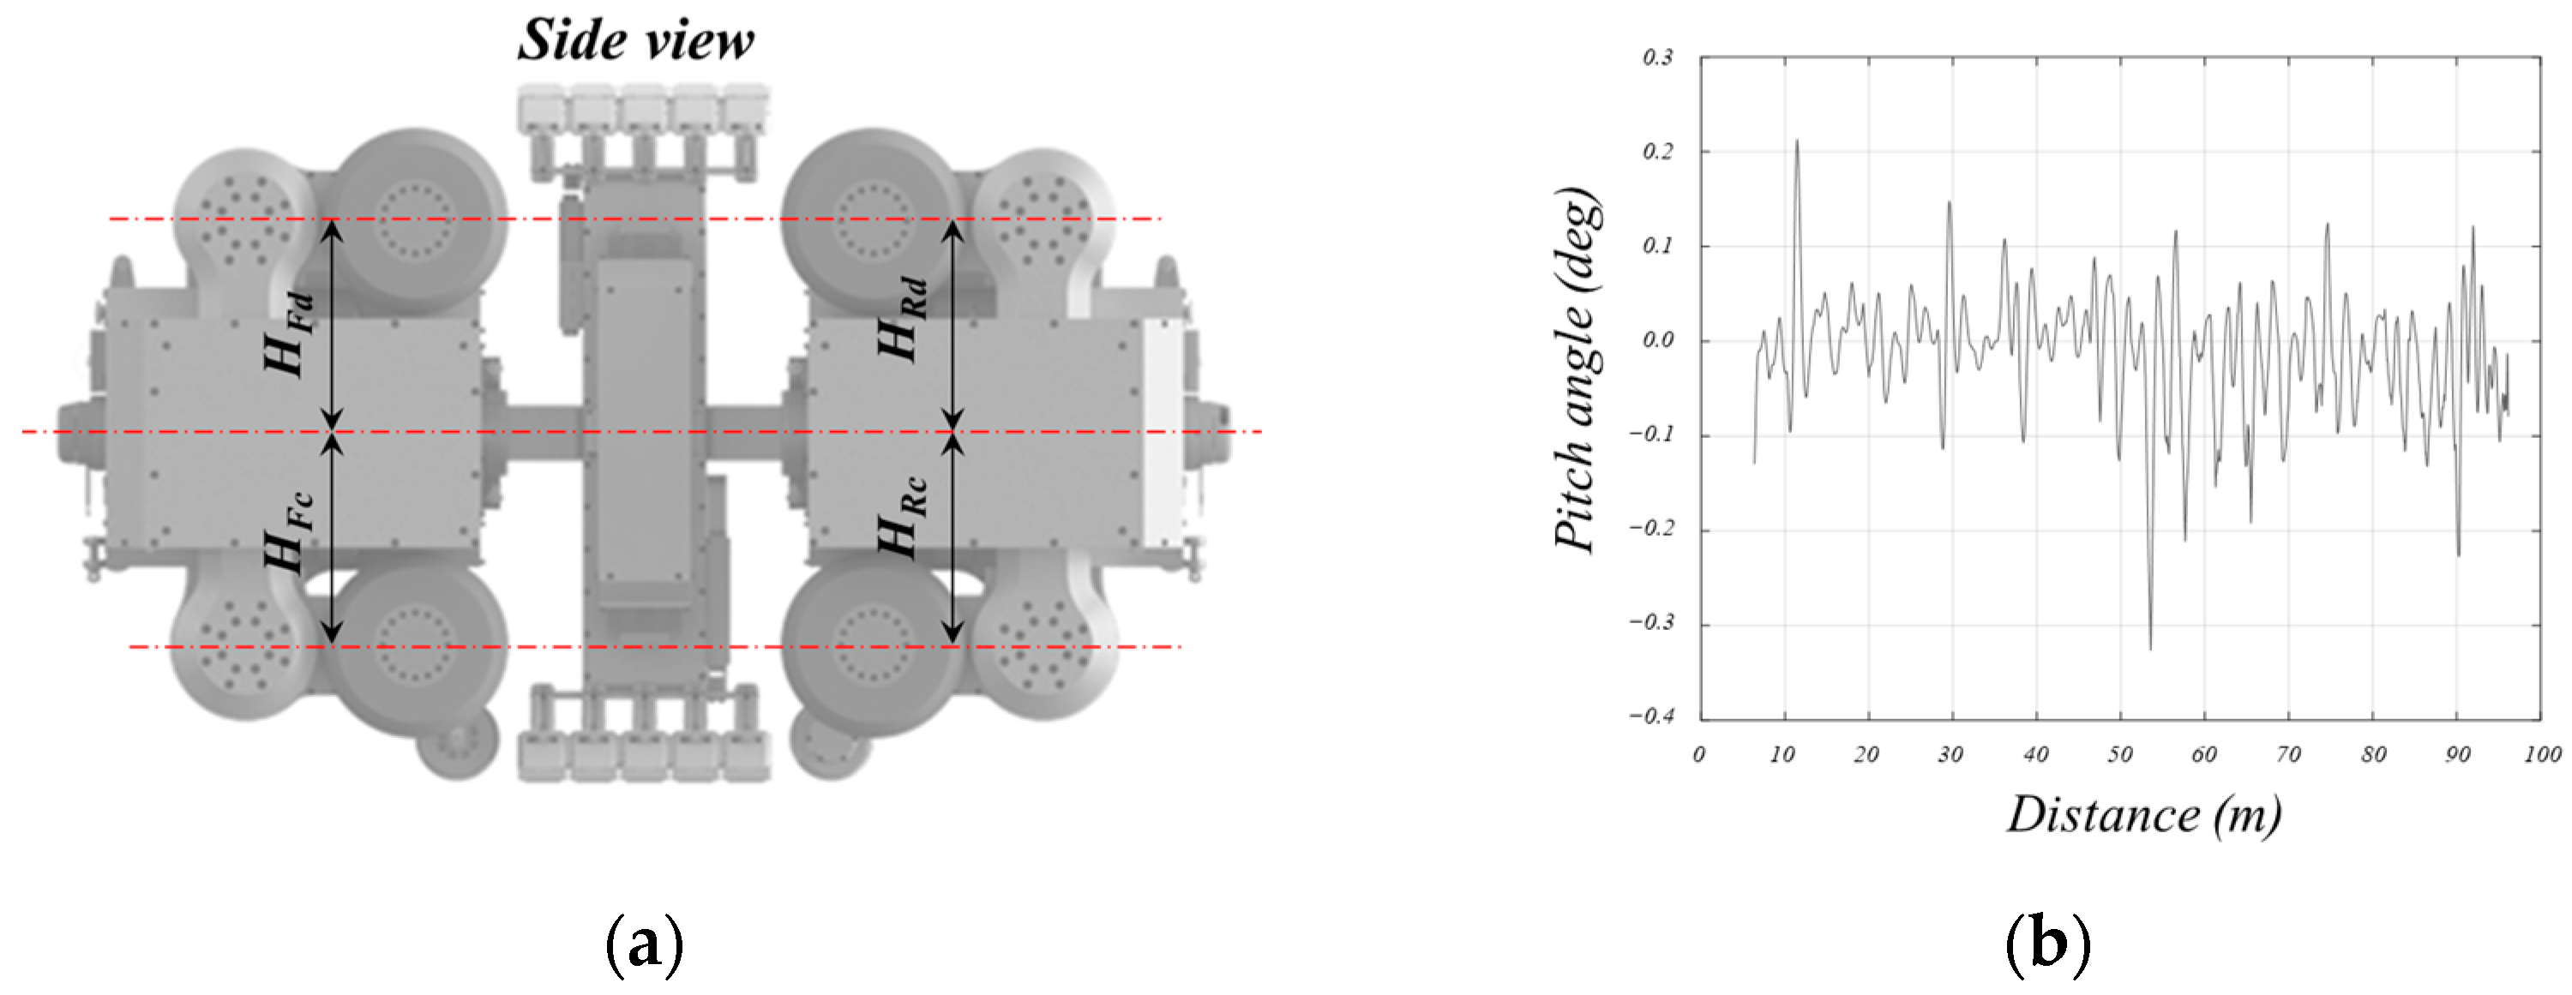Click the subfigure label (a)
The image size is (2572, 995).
tap(645, 943)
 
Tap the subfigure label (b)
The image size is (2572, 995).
tap(2048, 943)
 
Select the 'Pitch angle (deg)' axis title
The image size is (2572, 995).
tap(1578, 369)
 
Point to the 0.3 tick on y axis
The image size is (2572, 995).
tap(1657, 58)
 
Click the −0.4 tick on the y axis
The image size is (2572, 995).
tap(1651, 716)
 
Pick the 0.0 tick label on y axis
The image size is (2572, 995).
tap(1657, 340)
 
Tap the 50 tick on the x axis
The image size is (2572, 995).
tap(2119, 754)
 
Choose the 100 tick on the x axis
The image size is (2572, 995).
tap(2542, 754)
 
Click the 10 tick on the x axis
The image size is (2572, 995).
tap(1782, 754)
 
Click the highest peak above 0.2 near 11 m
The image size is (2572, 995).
tap(1797, 141)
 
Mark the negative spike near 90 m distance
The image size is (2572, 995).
tap(2458, 554)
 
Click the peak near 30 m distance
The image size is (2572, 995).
tap(1949, 204)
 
